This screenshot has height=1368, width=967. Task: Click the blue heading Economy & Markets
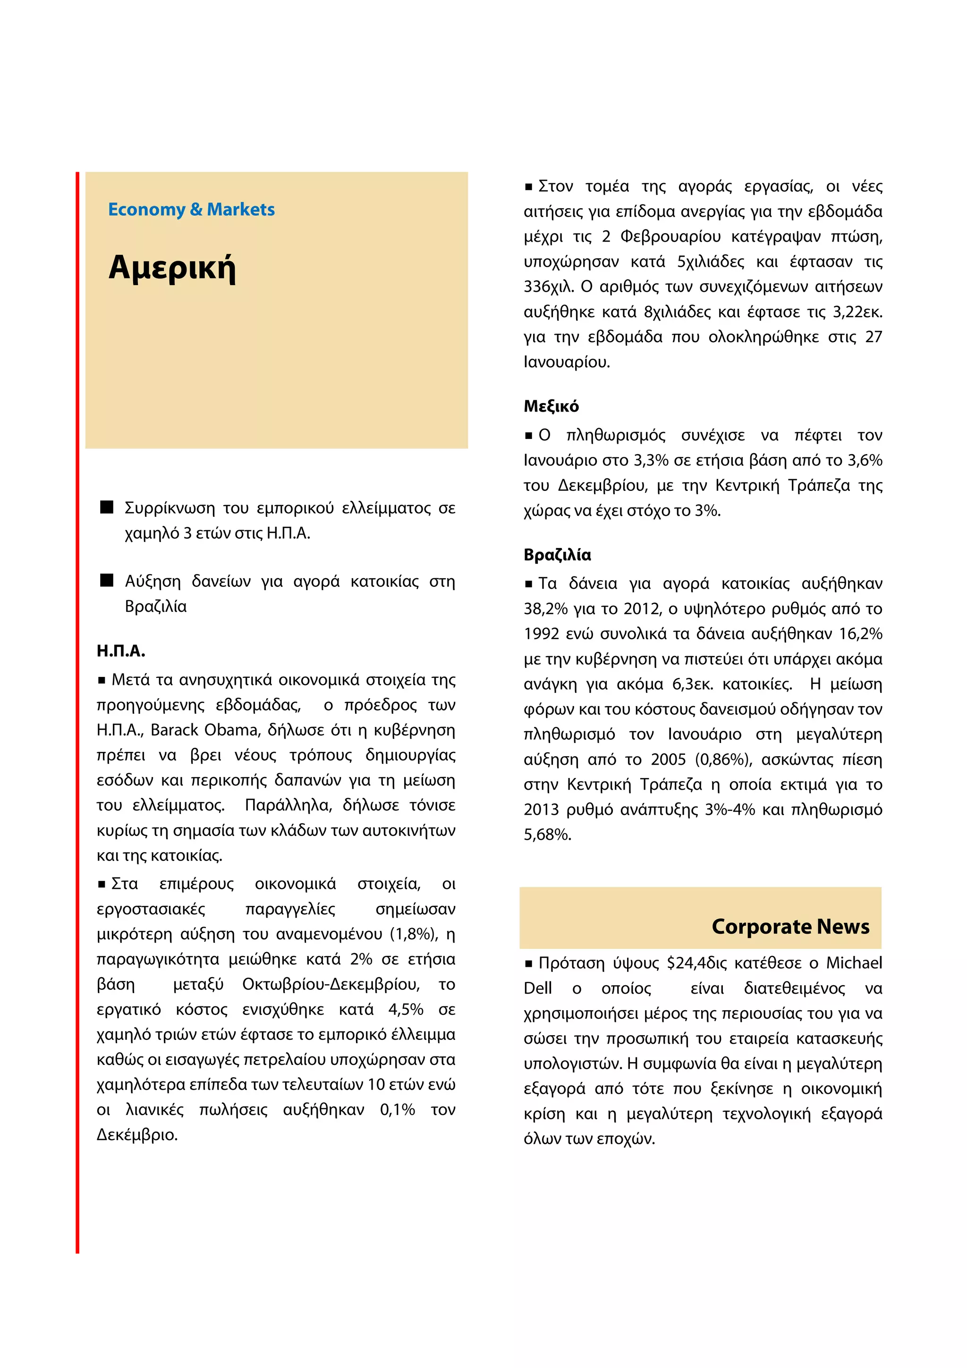(191, 210)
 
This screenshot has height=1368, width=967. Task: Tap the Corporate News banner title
(790, 927)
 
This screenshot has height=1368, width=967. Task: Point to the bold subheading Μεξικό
(551, 406)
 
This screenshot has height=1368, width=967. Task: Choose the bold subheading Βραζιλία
(557, 555)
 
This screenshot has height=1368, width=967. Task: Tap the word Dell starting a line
(537, 988)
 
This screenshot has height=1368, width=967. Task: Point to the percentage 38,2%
(546, 609)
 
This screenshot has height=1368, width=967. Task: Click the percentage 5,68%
(547, 835)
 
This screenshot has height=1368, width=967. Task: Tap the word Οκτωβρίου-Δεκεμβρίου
(331, 984)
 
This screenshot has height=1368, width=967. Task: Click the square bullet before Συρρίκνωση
(107, 507)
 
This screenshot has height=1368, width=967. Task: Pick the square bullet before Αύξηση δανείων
(107, 580)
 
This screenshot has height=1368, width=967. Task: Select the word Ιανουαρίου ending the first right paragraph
(566, 362)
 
